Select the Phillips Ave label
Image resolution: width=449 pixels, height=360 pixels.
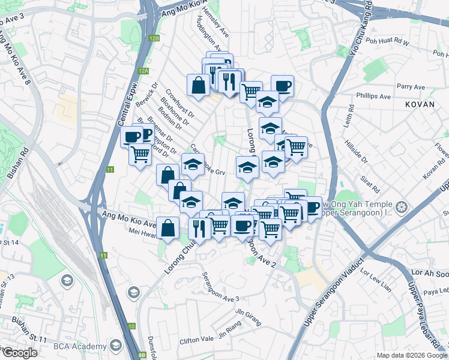coord(373,96)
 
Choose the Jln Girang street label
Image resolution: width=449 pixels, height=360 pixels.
coord(247,312)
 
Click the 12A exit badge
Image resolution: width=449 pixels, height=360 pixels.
coord(142,71)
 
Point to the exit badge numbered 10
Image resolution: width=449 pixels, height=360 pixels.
coord(131,326)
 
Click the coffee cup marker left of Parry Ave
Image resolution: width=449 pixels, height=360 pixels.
coord(282,86)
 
